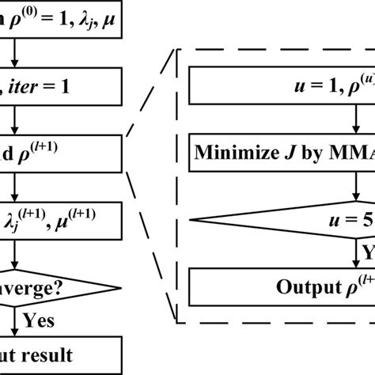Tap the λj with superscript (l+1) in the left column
pyautogui.click(x=47, y=217)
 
